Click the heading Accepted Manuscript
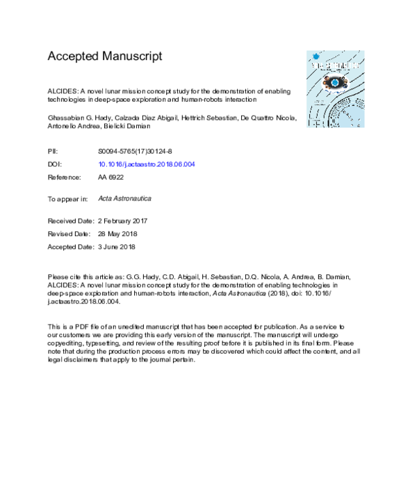(104, 56)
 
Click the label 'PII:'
(53, 150)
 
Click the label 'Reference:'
(65, 178)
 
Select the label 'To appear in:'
(67, 198)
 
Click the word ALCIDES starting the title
(63, 92)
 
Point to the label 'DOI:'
(54, 164)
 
